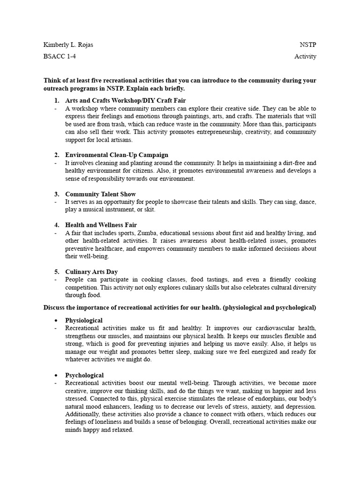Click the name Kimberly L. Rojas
(x=71, y=45)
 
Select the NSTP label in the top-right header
(x=307, y=45)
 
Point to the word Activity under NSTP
(x=305, y=56)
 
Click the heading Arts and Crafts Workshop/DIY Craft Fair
(x=126, y=100)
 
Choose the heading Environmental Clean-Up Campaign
(x=117, y=155)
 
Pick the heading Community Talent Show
(x=101, y=194)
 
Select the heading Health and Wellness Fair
(x=101, y=225)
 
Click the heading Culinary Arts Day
(x=91, y=271)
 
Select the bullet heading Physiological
(x=84, y=320)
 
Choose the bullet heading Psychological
(x=84, y=375)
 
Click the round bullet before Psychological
(x=56, y=375)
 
